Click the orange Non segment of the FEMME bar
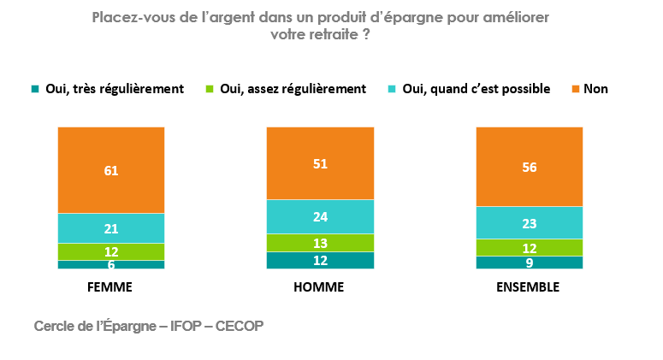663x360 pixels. tap(111, 170)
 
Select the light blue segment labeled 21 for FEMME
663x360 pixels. tap(111, 228)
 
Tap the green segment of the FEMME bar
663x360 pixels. tap(111, 251)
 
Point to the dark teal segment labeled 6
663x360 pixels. tap(111, 264)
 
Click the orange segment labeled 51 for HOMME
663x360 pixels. tap(320, 163)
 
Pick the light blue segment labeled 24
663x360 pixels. tap(320, 216)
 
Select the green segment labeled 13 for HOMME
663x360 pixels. tap(320, 243)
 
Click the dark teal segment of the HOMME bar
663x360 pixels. tap(320, 260)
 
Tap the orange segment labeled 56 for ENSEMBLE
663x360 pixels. tap(529, 167)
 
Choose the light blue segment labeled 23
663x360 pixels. tap(529, 222)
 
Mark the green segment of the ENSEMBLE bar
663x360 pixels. tap(529, 247)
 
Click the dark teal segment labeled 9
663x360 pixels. tap(529, 263)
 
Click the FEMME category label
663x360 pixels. tap(110, 287)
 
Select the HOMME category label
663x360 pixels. tap(318, 287)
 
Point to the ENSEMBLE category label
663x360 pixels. tap(528, 287)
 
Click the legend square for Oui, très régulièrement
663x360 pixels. tap(35, 89)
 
